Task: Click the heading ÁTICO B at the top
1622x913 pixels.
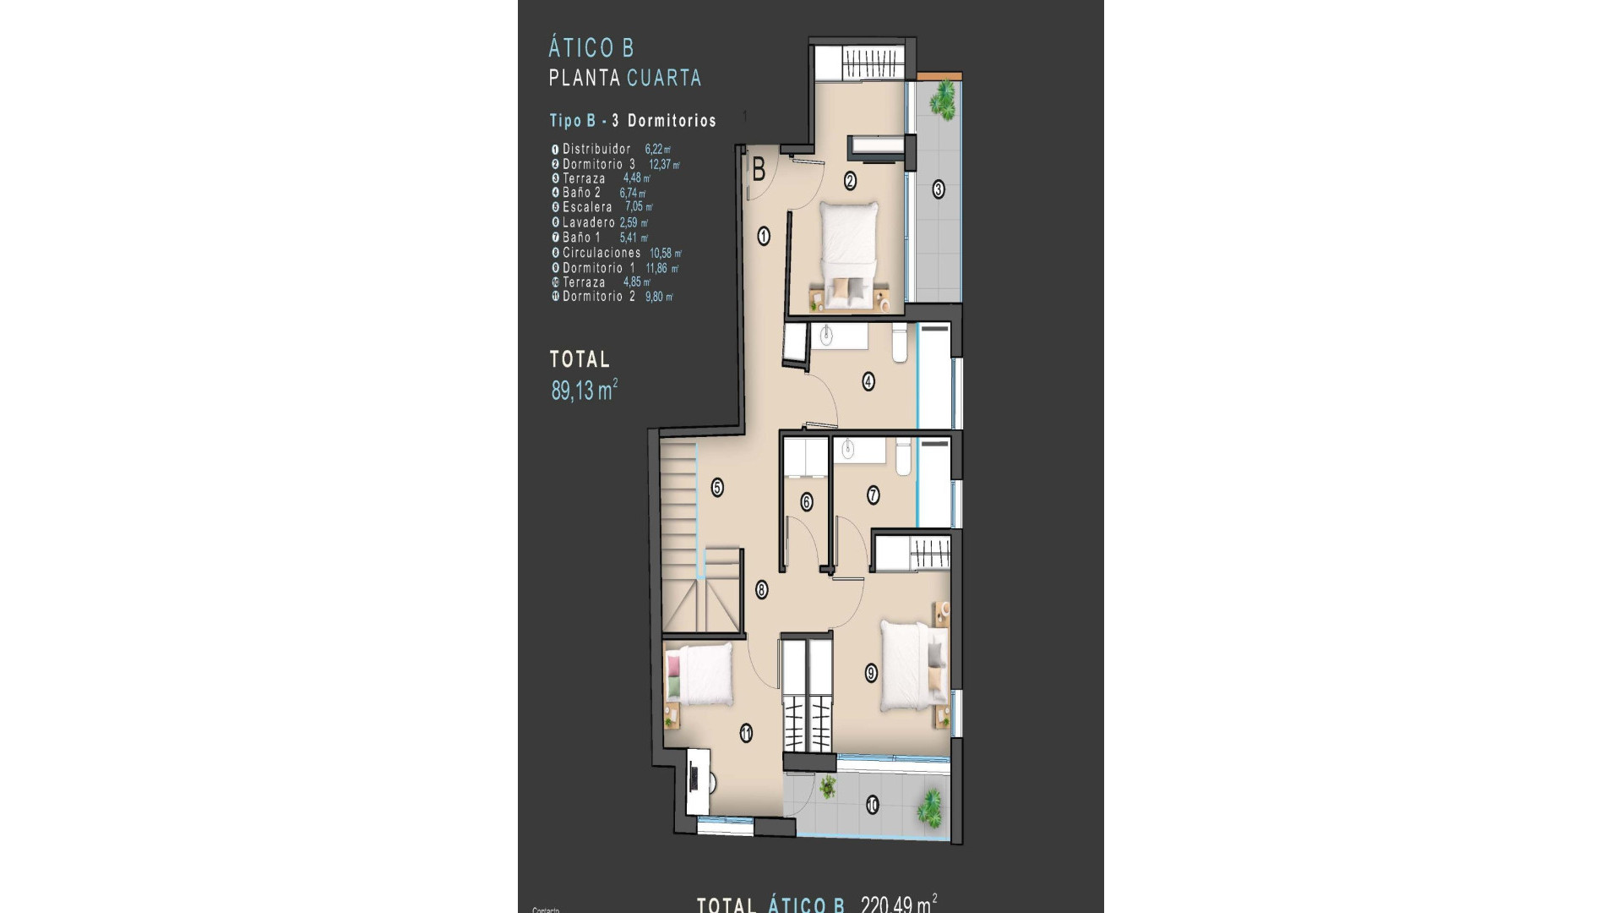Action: click(x=591, y=48)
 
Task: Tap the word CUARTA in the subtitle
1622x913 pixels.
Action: click(x=665, y=79)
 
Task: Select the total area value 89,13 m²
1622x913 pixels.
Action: click(x=584, y=391)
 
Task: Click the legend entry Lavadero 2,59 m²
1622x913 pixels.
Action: click(x=605, y=223)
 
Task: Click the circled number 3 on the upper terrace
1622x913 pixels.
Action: click(x=939, y=189)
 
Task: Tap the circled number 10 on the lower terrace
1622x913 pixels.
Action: click(x=872, y=806)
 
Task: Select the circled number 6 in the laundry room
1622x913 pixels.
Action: click(x=807, y=502)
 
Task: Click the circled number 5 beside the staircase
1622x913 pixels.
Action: click(x=717, y=488)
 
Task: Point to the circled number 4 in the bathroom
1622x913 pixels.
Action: click(x=868, y=381)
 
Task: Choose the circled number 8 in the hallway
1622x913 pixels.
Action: click(x=762, y=591)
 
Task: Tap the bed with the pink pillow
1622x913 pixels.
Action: click(x=699, y=685)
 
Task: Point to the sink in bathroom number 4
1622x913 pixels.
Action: click(x=827, y=336)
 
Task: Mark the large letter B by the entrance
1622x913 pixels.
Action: click(x=759, y=171)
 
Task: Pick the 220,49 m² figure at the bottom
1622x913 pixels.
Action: click(x=899, y=905)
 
